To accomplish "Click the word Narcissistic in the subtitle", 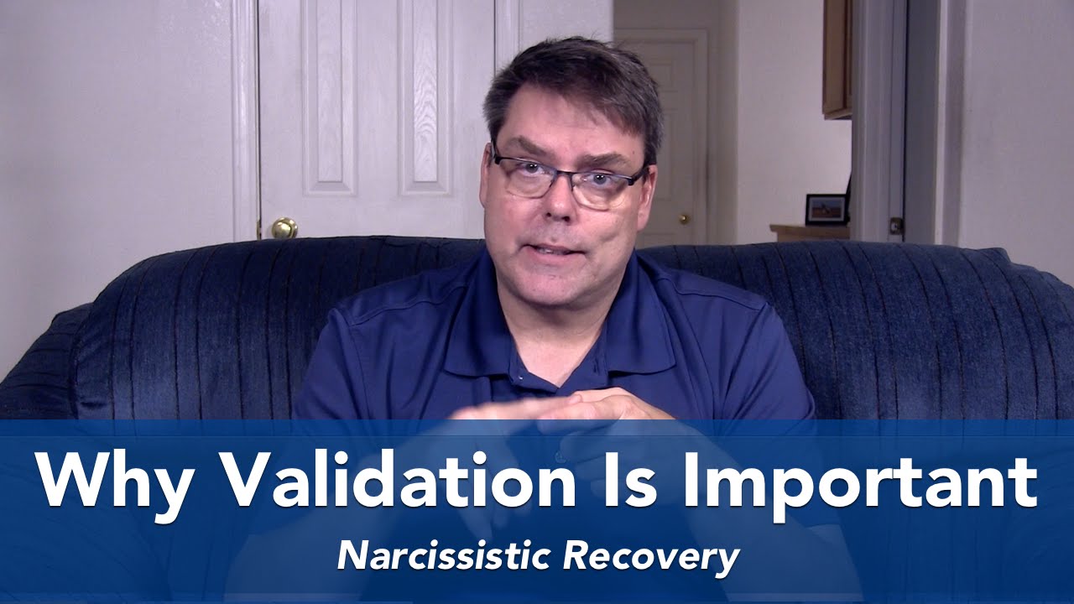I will tap(446, 557).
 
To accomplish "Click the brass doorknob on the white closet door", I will tap(284, 227).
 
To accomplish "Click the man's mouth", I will tap(559, 251).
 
